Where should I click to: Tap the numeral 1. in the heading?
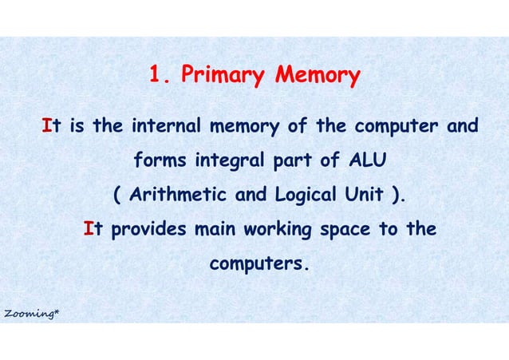[161, 77]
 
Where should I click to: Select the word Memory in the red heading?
[318, 77]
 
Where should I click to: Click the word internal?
[165, 126]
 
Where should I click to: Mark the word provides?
[148, 229]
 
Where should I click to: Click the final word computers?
[258, 263]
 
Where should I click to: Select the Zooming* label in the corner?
[30, 314]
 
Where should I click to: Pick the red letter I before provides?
[89, 229]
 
